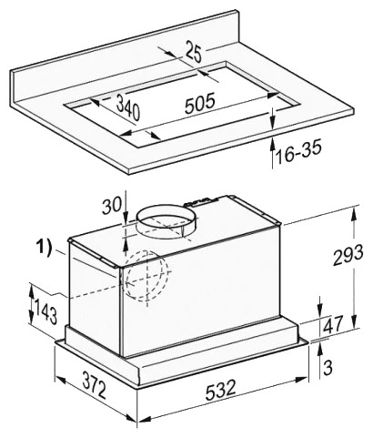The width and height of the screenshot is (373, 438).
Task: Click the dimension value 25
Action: point(193,52)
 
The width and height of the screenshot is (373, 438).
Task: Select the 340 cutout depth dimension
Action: point(128,107)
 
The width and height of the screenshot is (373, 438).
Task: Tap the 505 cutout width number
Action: point(200,103)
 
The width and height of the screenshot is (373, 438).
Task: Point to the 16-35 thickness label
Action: point(298,151)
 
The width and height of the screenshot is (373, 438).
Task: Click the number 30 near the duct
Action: point(111,207)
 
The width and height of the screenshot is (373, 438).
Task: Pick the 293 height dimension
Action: point(348,254)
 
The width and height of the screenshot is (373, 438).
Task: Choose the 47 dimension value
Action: point(332,324)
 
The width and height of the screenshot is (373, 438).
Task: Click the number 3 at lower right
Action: point(328,367)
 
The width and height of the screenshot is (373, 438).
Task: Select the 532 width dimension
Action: point(221,390)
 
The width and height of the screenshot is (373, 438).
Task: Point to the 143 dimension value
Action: point(45,311)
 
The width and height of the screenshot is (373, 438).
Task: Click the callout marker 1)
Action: point(44,248)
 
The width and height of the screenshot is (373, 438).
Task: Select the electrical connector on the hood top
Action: point(202,201)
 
